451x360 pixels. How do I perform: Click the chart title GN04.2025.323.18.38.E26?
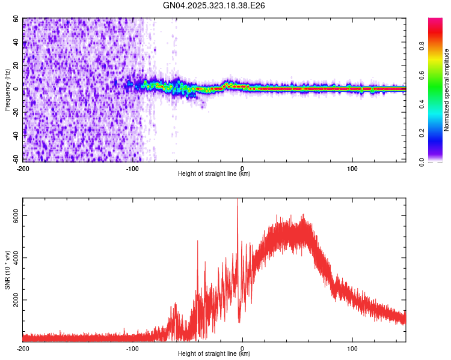[x=214, y=5]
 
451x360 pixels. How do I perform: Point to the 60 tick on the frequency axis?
[x=17, y=19]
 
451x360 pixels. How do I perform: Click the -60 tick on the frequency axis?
[x=16, y=160]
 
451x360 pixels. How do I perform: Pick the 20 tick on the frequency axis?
[x=17, y=65]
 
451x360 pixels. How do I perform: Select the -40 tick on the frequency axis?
[x=16, y=136]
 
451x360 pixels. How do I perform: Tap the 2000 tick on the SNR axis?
[x=13, y=300]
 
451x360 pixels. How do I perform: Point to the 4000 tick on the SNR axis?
[x=13, y=259]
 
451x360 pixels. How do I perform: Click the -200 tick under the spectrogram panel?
[x=23, y=167]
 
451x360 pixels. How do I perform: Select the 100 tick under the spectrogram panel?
[x=352, y=167]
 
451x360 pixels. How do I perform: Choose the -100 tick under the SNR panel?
[x=132, y=347]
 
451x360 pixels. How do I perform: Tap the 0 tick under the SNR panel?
[x=242, y=347]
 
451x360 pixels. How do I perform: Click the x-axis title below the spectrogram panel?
[x=214, y=173]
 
